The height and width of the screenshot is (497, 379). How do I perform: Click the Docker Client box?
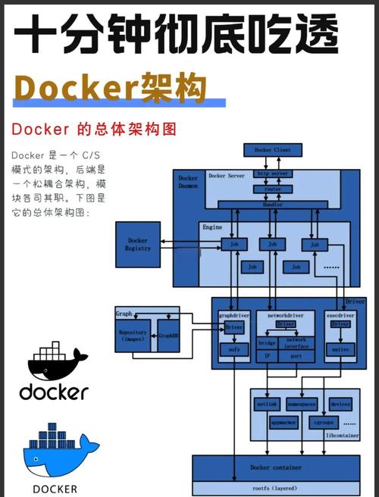273,149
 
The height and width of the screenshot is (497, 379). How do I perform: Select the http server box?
273,173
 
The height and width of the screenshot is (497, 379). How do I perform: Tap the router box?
273,189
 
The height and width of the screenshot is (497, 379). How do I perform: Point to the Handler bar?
273,205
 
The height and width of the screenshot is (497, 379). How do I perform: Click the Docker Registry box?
138,244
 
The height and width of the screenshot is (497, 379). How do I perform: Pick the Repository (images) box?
133,336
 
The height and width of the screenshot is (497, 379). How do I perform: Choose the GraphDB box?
168,334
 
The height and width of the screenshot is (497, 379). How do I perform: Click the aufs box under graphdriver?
233,350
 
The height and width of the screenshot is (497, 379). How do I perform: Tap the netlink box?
267,405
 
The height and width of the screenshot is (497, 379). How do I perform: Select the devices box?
340,405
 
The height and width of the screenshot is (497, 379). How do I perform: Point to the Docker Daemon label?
189,180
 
